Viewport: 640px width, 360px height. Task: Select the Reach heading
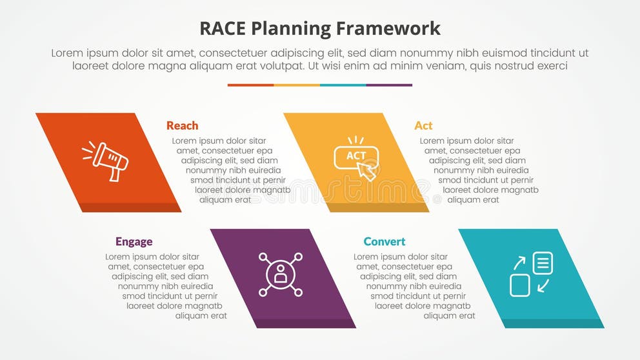tap(182, 126)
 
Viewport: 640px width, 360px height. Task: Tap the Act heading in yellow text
tap(423, 126)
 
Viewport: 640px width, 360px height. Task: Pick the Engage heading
tap(134, 242)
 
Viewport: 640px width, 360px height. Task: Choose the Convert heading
tap(385, 242)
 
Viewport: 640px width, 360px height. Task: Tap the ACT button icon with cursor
tap(355, 157)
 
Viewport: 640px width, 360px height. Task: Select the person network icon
tap(281, 274)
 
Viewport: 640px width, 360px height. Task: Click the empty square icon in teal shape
tap(520, 285)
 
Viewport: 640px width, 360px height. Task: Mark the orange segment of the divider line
tap(250, 85)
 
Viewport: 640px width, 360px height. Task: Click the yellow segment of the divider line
tap(297, 85)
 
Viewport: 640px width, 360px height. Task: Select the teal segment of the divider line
tap(343, 85)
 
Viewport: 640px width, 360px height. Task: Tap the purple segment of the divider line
tap(389, 85)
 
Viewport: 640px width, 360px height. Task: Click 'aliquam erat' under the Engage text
tap(201, 316)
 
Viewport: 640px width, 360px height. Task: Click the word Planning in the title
tap(299, 28)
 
